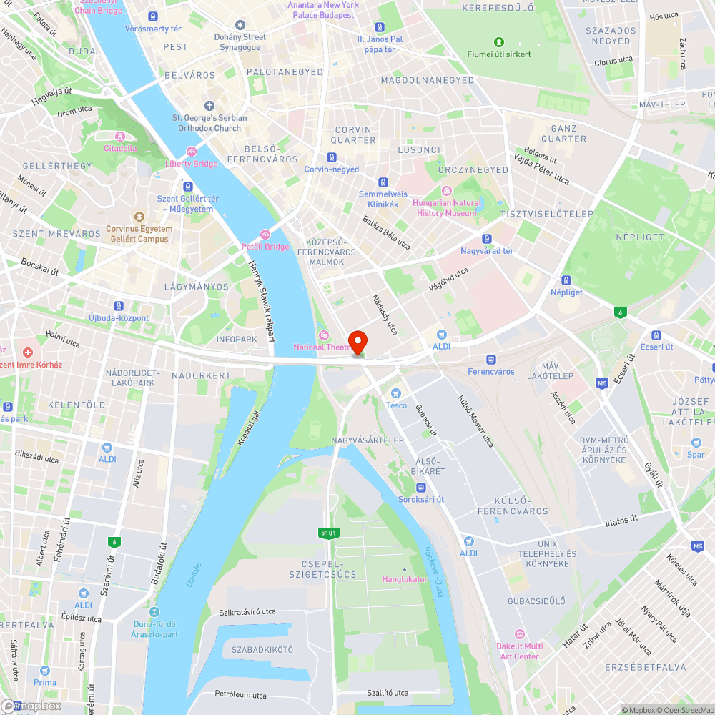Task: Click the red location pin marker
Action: click(x=357, y=341)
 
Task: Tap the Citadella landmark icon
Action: click(x=120, y=136)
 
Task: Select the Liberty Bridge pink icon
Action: click(x=191, y=152)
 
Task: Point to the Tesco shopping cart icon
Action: click(x=396, y=393)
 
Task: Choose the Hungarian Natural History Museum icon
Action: click(x=447, y=191)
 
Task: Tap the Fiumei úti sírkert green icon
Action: click(x=498, y=41)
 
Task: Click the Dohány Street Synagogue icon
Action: click(x=240, y=25)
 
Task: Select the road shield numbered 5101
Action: click(x=329, y=533)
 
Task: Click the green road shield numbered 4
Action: click(x=619, y=312)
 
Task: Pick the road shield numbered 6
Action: click(x=114, y=542)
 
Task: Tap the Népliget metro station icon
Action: click(x=566, y=280)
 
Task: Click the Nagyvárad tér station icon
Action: click(x=487, y=239)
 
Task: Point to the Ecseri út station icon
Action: click(x=656, y=335)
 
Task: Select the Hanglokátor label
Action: click(x=405, y=578)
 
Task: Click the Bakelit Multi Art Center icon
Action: click(x=519, y=634)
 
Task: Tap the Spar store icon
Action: click(x=696, y=442)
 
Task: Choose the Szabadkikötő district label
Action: click(x=262, y=649)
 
